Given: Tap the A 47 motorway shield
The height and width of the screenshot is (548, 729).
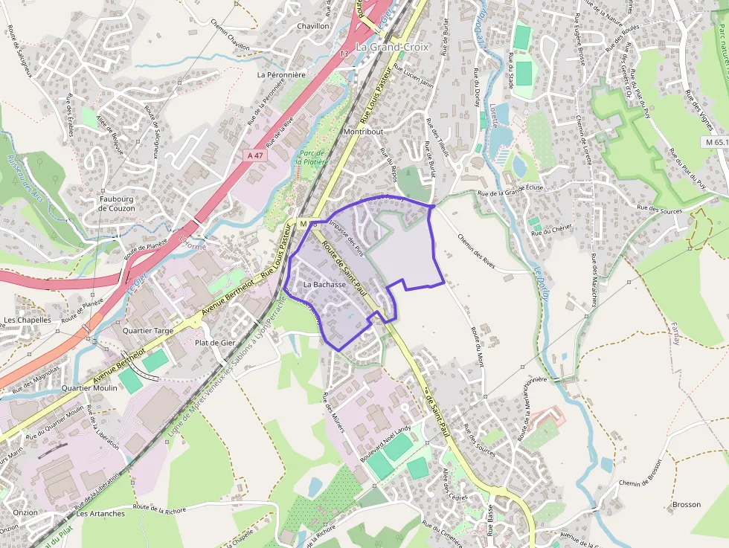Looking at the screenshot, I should click(x=256, y=155).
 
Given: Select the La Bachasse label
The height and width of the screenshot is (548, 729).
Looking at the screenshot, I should click(x=325, y=285).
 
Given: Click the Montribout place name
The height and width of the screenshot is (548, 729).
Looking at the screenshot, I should click(x=364, y=132).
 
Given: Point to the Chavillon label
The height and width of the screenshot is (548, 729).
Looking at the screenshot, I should click(x=313, y=26).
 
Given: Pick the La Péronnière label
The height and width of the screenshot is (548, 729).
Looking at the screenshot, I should click(x=281, y=75).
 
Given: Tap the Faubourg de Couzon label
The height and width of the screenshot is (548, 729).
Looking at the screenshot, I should click(x=117, y=204).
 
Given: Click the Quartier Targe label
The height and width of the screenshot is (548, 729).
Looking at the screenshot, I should click(x=147, y=330).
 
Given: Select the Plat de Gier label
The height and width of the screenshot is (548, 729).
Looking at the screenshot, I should click(x=215, y=343).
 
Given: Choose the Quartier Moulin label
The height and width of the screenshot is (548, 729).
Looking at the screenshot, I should click(x=89, y=388).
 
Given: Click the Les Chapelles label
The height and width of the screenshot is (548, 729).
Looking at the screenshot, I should click(x=28, y=320).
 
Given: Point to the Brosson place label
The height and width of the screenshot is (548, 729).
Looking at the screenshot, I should click(x=686, y=505).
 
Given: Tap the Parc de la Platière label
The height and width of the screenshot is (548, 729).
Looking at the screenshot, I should click(x=307, y=157).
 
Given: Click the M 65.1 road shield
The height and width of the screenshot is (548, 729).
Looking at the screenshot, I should click(x=716, y=142).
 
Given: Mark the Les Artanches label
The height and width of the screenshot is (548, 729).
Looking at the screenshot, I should click(x=100, y=514).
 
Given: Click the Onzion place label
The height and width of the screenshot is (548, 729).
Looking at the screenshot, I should click(x=25, y=512).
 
